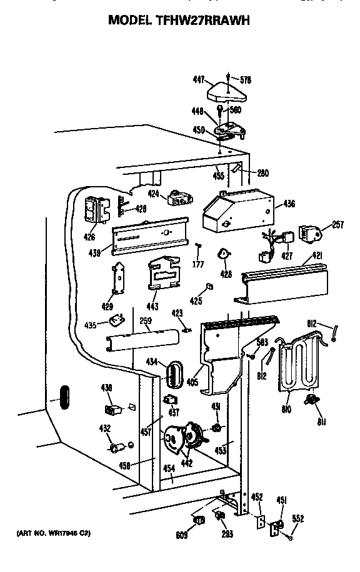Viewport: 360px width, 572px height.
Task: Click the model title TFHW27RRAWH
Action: pyautogui.click(x=179, y=20)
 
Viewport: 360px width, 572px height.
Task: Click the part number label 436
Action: pyautogui.click(x=289, y=204)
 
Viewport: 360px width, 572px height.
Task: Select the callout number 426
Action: pyautogui.click(x=90, y=237)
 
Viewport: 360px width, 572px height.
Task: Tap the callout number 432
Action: pyautogui.click(x=105, y=428)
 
